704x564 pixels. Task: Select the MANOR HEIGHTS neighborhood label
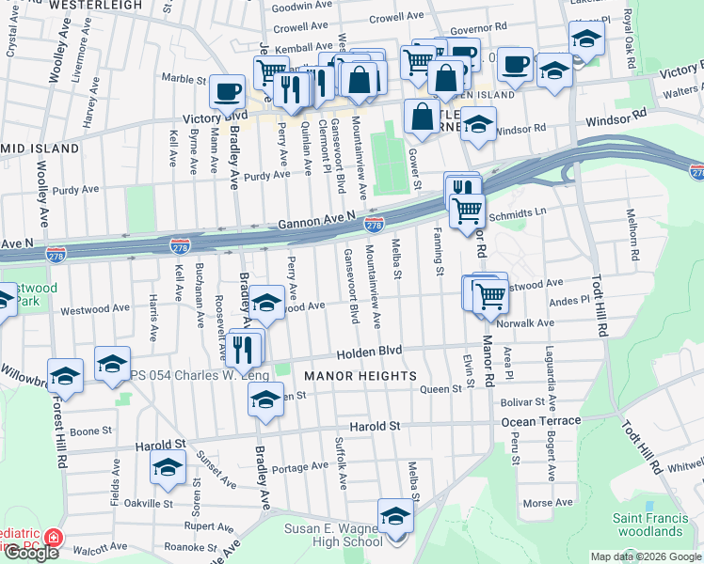point(360,376)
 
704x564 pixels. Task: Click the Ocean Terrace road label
point(540,422)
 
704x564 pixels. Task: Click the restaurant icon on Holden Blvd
point(245,350)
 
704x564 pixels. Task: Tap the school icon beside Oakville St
point(168,467)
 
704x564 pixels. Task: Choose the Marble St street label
point(182,78)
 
